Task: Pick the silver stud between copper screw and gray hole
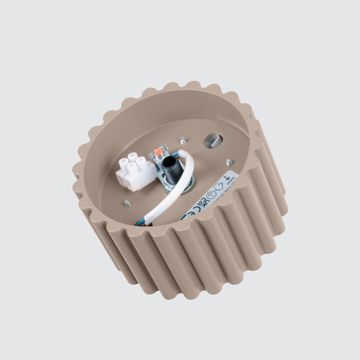click(x=182, y=140)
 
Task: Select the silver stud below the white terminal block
click(x=126, y=203)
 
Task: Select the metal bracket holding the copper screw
click(x=160, y=156)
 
